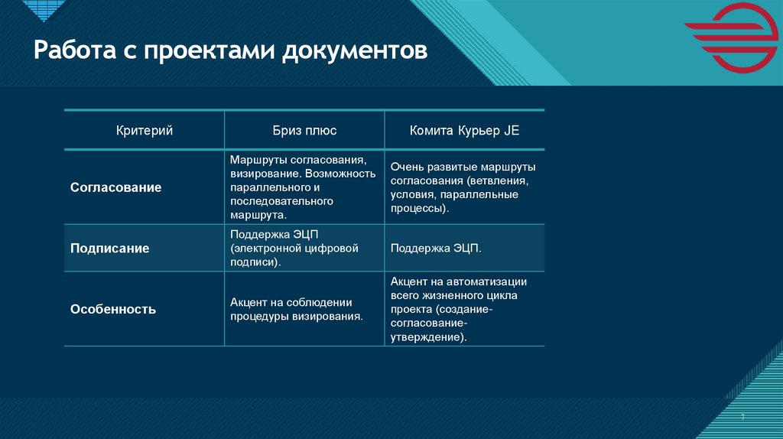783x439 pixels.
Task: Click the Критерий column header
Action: pyautogui.click(x=144, y=131)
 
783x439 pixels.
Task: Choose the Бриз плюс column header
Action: pyautogui.click(x=304, y=131)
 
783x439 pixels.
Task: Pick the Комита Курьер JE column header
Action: pyautogui.click(x=464, y=131)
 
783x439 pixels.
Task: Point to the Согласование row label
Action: pyautogui.click(x=116, y=187)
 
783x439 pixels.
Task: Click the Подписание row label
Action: pyautogui.click(x=110, y=249)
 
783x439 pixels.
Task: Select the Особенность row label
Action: pyautogui.click(x=113, y=310)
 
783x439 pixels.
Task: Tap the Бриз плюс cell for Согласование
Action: pyautogui.click(x=304, y=187)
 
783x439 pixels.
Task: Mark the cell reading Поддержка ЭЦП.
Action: pyautogui.click(x=436, y=249)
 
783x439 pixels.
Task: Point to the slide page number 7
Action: pyautogui.click(x=742, y=417)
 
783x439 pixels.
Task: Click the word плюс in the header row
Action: pyautogui.click(x=321, y=131)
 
